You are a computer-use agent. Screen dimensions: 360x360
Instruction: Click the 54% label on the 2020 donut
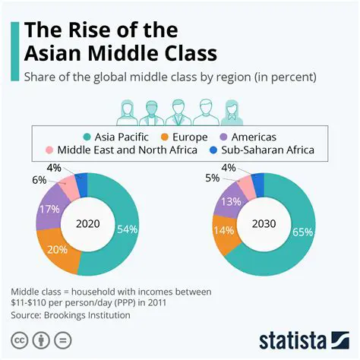(127, 229)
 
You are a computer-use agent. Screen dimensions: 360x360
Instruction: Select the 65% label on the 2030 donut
(302, 232)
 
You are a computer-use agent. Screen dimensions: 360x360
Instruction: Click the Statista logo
(303, 338)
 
